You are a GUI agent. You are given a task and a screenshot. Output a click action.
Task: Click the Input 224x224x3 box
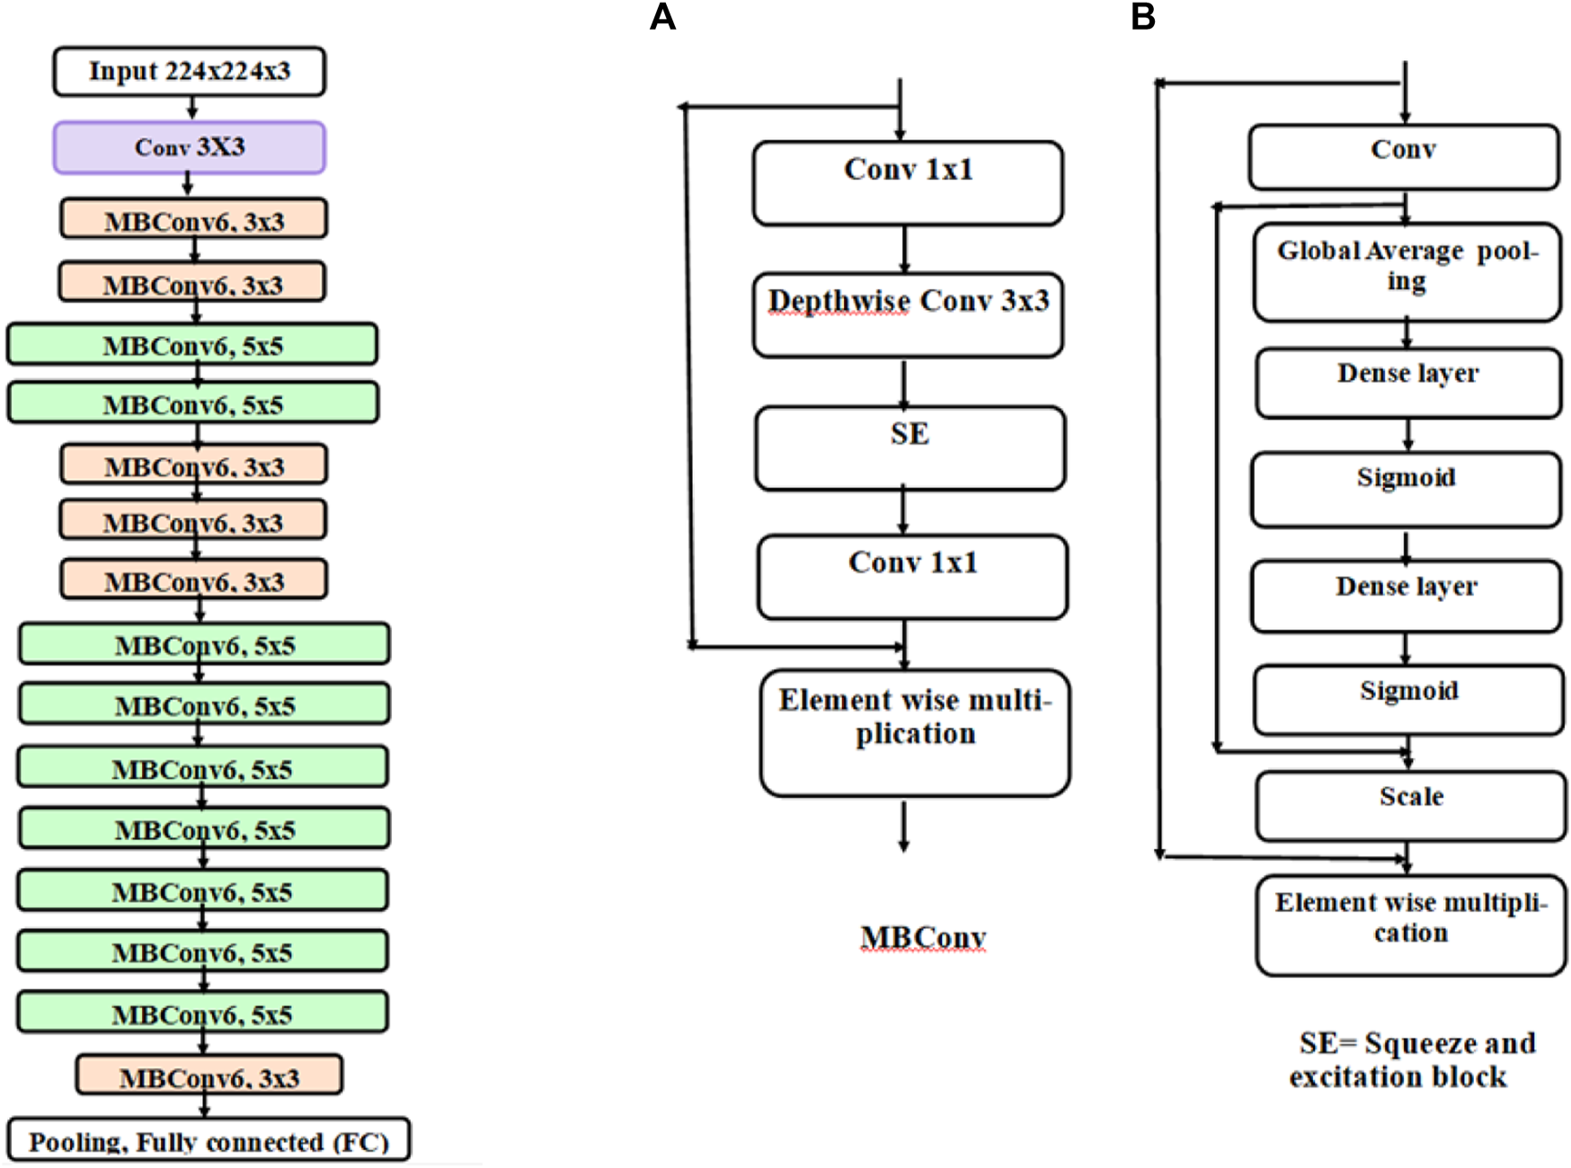189,72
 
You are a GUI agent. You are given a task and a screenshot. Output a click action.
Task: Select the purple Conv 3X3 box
189,147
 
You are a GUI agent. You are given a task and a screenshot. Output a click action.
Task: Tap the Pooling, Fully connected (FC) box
209,1140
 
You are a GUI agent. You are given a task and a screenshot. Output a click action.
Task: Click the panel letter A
662,17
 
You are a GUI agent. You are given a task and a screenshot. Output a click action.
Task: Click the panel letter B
1142,17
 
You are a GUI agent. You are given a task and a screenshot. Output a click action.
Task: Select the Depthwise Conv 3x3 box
908,315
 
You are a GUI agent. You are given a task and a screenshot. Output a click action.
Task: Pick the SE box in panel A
910,447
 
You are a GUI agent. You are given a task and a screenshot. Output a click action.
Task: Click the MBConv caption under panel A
923,938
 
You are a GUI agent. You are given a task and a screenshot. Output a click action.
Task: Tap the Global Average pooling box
1407,271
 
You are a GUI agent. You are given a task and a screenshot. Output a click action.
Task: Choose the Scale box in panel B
1410,805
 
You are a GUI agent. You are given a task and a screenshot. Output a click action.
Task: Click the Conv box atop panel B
1403,157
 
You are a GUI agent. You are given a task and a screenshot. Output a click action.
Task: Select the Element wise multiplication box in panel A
914,732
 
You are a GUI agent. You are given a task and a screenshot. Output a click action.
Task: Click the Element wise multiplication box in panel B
1410,925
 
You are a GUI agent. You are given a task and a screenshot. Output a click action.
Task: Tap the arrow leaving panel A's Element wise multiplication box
904,826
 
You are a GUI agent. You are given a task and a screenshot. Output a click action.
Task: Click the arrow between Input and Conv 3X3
191,108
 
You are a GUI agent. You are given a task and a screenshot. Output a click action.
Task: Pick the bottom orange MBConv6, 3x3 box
209,1075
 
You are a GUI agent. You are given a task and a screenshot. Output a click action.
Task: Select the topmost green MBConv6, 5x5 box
192,345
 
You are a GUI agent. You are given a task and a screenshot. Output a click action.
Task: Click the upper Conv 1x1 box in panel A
908,182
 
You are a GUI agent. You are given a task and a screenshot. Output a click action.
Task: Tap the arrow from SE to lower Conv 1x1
903,511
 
